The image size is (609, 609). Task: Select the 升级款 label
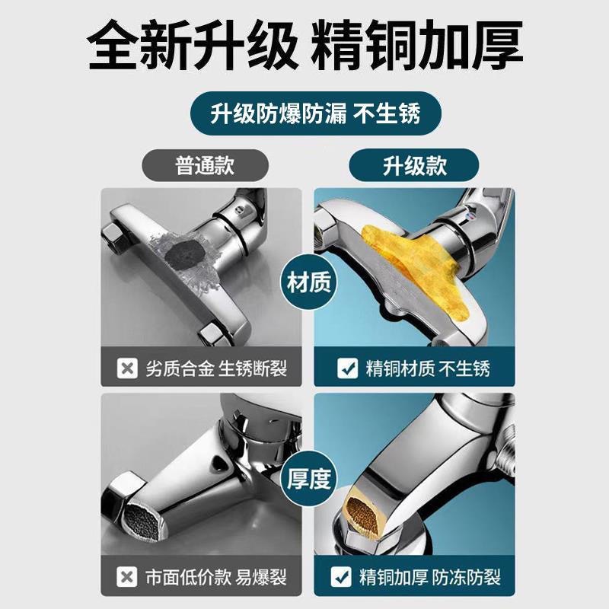(x=414, y=165)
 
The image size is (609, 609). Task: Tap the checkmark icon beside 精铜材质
(x=348, y=370)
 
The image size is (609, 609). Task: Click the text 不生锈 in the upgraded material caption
(x=466, y=370)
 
